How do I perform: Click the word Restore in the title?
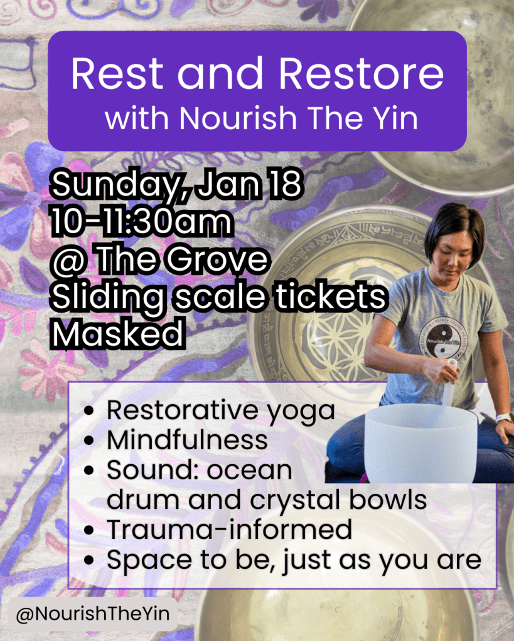(x=361, y=75)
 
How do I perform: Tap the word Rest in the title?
(x=117, y=75)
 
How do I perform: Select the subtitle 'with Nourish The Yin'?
(x=261, y=118)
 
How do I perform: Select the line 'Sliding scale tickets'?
(x=217, y=298)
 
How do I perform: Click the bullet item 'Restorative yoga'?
(x=220, y=412)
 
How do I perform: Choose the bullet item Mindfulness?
(x=187, y=440)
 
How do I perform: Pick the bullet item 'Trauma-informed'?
(x=228, y=530)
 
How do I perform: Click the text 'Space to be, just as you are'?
(x=294, y=560)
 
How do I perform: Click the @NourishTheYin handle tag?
(x=92, y=614)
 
